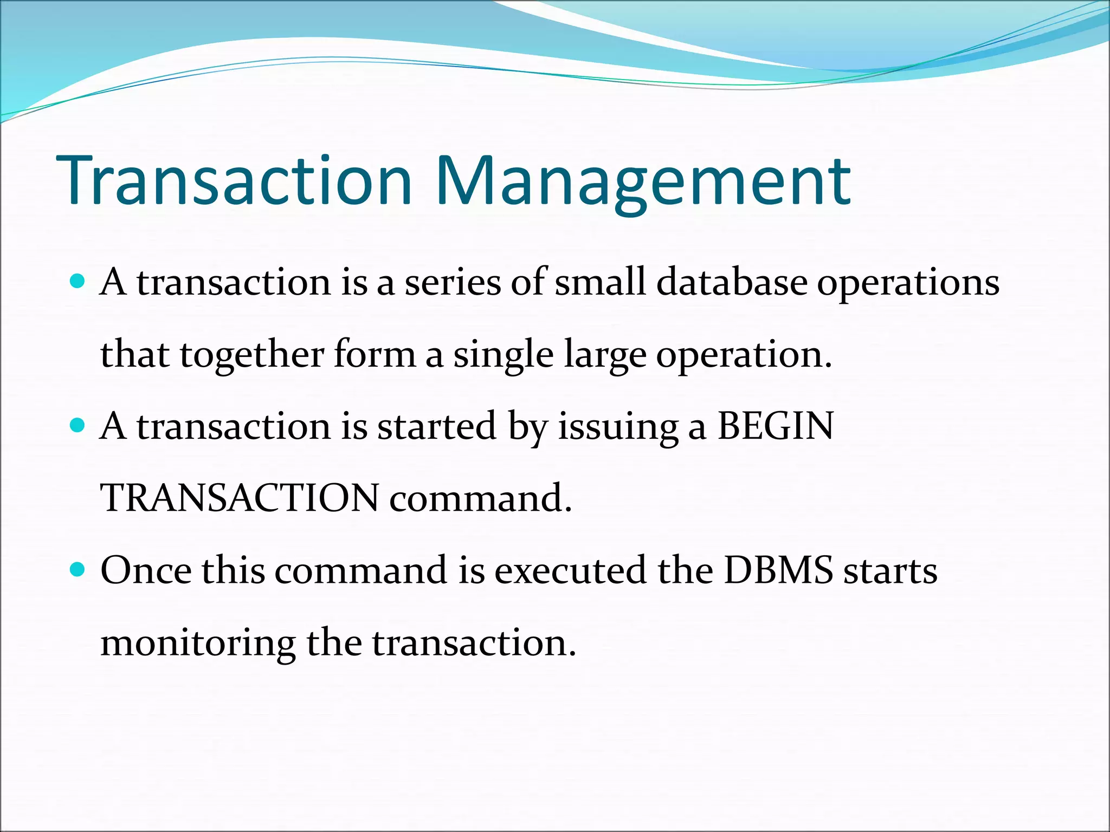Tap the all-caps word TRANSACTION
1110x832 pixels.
240,498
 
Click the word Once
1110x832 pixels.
146,570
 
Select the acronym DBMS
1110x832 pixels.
778,570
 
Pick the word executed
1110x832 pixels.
570,570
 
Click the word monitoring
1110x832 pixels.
198,644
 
